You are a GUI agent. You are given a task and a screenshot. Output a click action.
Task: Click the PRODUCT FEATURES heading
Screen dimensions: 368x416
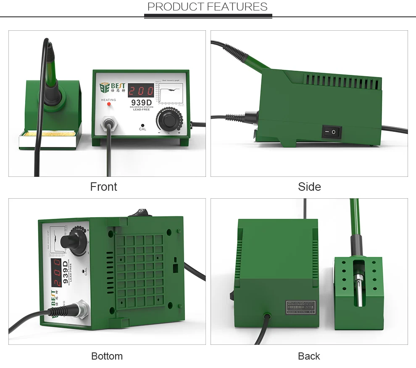pos(207,7)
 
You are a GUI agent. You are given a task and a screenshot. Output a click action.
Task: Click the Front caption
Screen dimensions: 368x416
pos(103,187)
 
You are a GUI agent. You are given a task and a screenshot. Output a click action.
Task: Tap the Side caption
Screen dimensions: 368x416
pos(309,187)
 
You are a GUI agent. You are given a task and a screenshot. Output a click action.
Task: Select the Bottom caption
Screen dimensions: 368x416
pos(107,356)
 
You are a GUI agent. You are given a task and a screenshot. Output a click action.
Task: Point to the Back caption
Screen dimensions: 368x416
pos(309,356)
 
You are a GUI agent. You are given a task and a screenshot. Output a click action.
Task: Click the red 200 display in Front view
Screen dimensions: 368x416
pos(140,91)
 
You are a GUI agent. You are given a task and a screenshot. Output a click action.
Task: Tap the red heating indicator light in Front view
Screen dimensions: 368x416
pos(109,103)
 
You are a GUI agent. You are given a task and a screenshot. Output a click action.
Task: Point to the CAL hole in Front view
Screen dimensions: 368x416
pos(142,125)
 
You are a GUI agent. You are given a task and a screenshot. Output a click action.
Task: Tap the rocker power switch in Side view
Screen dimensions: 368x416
pos(332,132)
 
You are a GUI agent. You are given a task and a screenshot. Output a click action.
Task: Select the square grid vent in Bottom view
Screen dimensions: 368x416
pos(139,269)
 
